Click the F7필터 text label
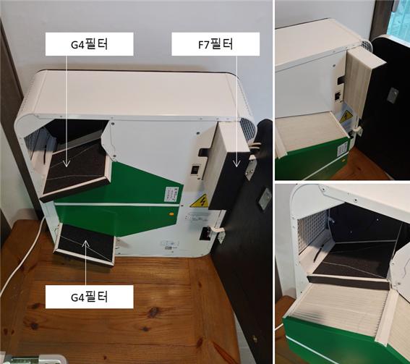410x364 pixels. click(x=215, y=44)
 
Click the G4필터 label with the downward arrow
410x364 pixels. click(x=90, y=44)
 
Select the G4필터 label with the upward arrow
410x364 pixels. click(x=90, y=297)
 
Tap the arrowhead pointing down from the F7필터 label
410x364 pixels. click(x=236, y=164)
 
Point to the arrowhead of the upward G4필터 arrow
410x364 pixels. click(x=86, y=243)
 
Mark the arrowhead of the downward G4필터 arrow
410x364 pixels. click(x=67, y=164)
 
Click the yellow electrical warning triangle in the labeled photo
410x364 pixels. click(x=200, y=201)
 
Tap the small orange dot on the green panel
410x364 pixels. click(x=171, y=213)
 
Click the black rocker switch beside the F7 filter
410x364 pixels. click(x=195, y=169)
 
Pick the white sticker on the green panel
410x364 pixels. click(x=170, y=194)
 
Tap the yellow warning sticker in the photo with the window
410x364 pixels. click(x=346, y=117)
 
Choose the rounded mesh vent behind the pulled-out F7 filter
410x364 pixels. click(x=248, y=130)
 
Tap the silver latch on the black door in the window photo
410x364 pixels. click(x=393, y=95)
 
